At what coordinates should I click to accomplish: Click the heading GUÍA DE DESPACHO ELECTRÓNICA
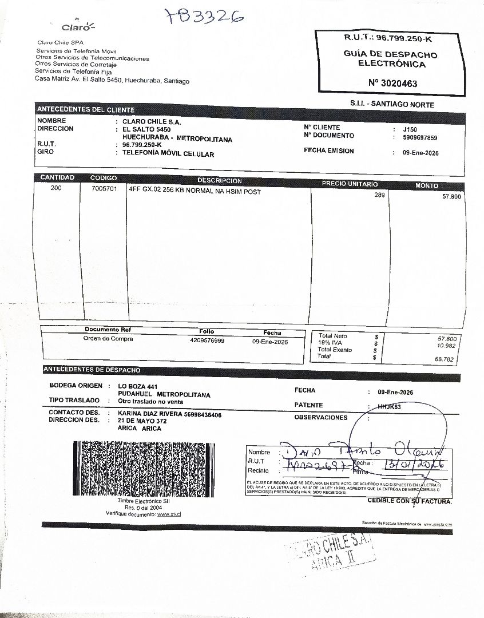point(391,59)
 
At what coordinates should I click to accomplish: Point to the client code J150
point(410,129)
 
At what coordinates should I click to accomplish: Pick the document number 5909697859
point(420,138)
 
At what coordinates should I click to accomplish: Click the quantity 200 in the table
point(56,188)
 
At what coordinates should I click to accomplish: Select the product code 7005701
point(104,188)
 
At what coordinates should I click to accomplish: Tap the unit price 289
point(379,195)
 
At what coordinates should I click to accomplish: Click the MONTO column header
point(427,185)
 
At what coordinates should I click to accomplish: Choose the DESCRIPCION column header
point(220,180)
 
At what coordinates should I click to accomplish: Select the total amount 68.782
point(445,359)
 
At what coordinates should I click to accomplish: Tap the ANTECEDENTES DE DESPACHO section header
point(92,370)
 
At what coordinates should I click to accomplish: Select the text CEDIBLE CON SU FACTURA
point(409,501)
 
